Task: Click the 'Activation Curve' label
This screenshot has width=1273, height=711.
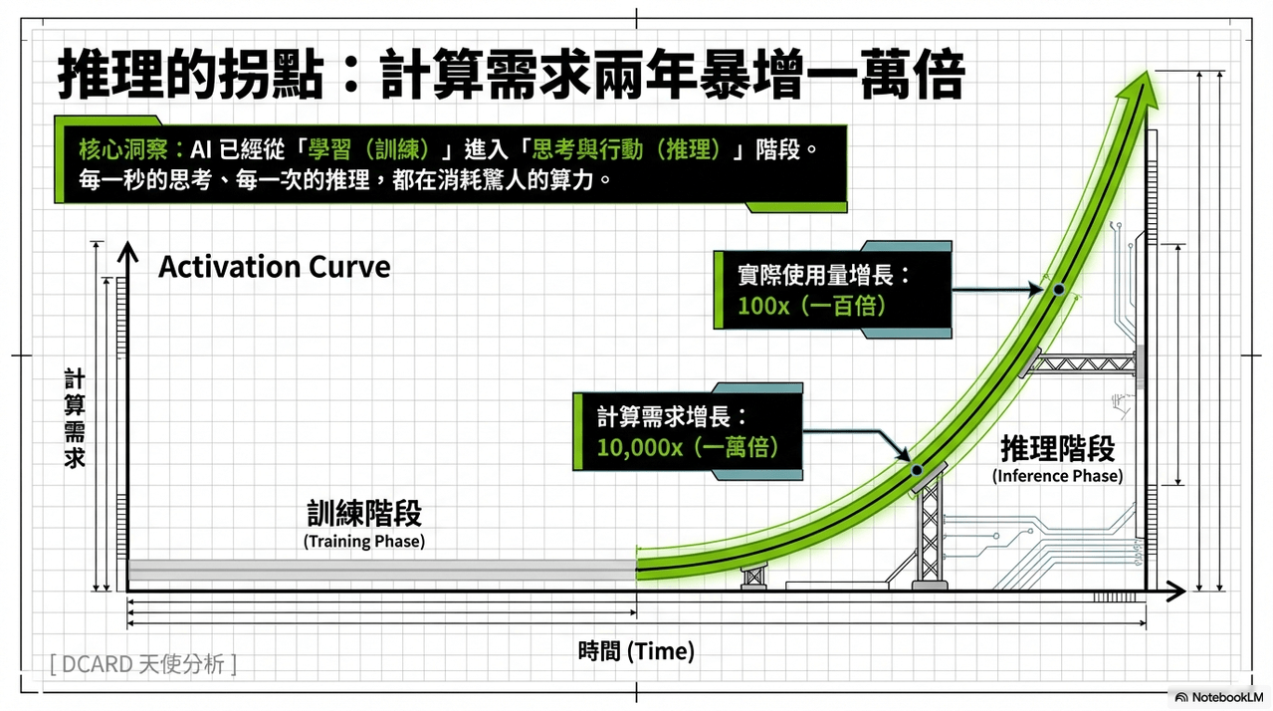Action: [x=275, y=267]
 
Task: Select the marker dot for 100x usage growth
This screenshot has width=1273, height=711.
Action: [x=1059, y=290]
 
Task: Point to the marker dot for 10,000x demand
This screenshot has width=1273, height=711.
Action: [x=917, y=470]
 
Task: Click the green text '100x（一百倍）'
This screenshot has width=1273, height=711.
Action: [x=812, y=306]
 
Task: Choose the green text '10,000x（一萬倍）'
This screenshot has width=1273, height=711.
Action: [x=688, y=448]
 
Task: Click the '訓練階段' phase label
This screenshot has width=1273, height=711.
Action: [x=364, y=513]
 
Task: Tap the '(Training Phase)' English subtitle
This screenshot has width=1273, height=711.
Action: [x=364, y=541]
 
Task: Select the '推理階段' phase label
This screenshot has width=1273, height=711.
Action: [x=1058, y=448]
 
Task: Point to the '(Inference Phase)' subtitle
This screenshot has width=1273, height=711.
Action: [x=1058, y=476]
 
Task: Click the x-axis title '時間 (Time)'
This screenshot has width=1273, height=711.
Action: [x=636, y=651]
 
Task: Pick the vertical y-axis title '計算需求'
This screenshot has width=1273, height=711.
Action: [x=75, y=418]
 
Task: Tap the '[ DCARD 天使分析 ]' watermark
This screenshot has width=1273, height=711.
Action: [x=143, y=664]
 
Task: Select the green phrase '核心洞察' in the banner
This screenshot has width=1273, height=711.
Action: [x=122, y=149]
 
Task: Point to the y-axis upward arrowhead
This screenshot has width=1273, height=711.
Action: [x=127, y=252]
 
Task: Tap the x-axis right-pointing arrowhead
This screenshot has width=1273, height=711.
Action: [x=1175, y=592]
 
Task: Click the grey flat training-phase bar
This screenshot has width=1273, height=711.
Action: [x=382, y=570]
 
